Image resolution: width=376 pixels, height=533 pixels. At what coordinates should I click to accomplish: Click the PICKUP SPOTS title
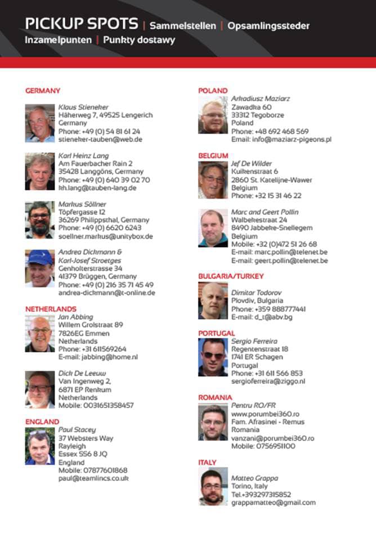[x=81, y=24]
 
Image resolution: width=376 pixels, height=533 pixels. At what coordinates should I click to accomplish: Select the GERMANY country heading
[x=43, y=91]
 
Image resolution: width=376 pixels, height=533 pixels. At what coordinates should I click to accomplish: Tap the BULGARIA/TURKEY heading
[x=231, y=276]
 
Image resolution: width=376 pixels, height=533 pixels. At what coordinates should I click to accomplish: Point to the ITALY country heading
[x=207, y=463]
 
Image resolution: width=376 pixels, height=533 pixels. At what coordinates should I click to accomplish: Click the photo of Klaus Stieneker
[x=40, y=123]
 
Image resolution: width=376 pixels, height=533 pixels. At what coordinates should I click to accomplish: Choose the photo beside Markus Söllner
[x=40, y=220]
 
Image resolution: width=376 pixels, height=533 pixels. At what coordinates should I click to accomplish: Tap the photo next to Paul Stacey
[x=40, y=446]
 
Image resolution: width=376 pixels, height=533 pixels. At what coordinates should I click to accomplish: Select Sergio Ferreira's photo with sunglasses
[x=213, y=357]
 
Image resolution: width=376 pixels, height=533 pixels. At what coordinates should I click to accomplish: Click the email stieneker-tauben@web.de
[x=100, y=139]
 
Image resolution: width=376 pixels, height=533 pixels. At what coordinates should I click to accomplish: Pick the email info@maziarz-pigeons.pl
[x=281, y=139]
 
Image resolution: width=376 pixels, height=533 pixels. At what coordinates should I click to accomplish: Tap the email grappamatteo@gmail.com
[x=274, y=503]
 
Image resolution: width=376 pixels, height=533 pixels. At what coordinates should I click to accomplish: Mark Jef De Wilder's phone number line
[x=266, y=196]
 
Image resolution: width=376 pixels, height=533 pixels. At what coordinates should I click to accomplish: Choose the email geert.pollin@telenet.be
[x=280, y=261]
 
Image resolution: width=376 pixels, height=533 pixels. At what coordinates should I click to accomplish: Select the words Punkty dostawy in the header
[x=139, y=41]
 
